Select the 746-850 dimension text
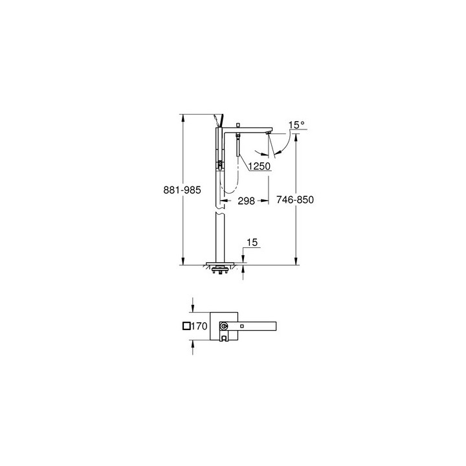pos(296,200)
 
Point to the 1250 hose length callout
pos(259,166)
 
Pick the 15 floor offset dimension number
pos(252,243)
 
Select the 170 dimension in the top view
pos(198,327)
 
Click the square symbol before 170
pos(186,327)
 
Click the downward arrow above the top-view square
pos(192,306)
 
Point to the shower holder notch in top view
pos(224,337)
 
